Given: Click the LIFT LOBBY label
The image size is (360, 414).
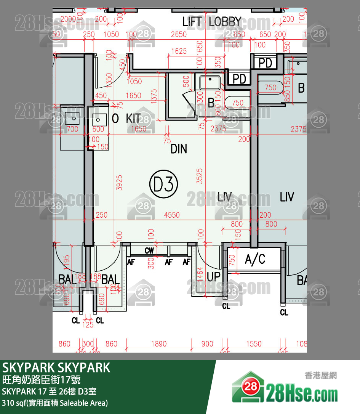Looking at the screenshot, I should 211,22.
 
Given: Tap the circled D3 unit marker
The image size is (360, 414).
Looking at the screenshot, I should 163,185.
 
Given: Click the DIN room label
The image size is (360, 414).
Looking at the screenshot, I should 179,149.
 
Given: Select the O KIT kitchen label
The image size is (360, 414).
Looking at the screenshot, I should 126,119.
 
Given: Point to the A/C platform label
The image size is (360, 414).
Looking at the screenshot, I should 255,260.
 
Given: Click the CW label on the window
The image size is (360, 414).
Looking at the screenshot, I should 149,250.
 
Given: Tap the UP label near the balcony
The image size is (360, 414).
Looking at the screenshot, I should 214,276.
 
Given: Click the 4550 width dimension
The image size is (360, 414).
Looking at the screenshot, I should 171,215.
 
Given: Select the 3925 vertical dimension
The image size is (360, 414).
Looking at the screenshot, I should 119,183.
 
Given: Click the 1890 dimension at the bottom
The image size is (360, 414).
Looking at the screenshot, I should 159,344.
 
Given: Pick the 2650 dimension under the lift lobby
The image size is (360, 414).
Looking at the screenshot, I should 179,34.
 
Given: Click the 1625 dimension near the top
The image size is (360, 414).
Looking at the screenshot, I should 179,51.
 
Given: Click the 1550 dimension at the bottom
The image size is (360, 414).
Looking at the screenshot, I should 254,344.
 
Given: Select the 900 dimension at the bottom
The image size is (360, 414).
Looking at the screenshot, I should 207,344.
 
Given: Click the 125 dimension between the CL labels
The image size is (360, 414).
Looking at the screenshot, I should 88,325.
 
